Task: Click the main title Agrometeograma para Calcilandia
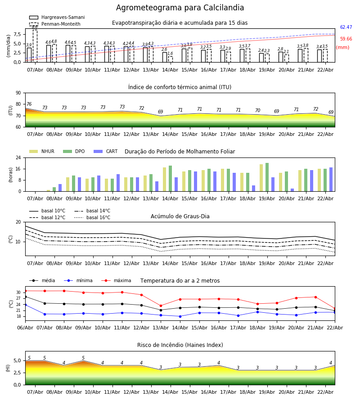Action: (x=180, y=8)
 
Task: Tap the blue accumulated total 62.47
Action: (x=346, y=27)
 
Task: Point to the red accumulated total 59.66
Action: (x=346, y=39)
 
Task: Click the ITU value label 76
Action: (x=29, y=104)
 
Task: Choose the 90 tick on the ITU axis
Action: (x=18, y=93)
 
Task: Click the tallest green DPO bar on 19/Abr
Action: (x=267, y=177)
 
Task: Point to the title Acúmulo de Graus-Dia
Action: (x=180, y=216)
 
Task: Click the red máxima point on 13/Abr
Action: (x=161, y=306)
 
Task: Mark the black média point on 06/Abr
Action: (x=25, y=297)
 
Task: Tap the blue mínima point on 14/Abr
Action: (x=180, y=316)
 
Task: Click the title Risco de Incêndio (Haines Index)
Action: (x=180, y=345)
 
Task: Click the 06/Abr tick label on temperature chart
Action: (x=25, y=327)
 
